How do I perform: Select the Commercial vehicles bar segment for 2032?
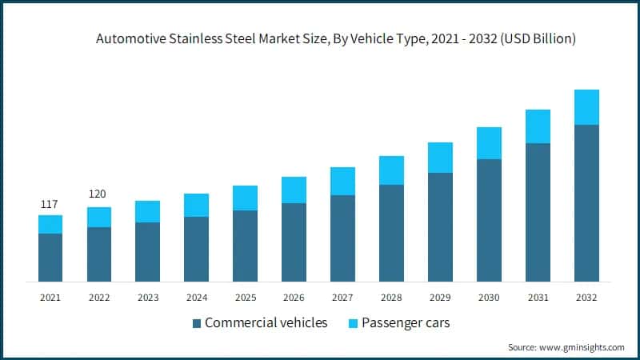point(586,203)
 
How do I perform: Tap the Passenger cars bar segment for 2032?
point(586,107)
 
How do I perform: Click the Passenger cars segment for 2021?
point(50,224)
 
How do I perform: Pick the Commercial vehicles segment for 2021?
point(50,258)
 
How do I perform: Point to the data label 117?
point(50,204)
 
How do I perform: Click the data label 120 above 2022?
point(98,194)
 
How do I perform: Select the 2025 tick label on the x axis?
point(245,297)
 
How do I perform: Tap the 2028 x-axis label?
point(391,297)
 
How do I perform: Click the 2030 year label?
point(489,297)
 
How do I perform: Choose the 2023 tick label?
point(147,297)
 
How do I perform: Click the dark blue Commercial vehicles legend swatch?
point(196,324)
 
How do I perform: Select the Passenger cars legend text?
point(406,323)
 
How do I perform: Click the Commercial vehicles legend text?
point(266,323)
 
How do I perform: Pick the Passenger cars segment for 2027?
point(342,181)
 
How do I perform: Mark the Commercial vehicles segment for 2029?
point(440,227)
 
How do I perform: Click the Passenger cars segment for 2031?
point(538,126)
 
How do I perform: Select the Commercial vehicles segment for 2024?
point(196,249)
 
